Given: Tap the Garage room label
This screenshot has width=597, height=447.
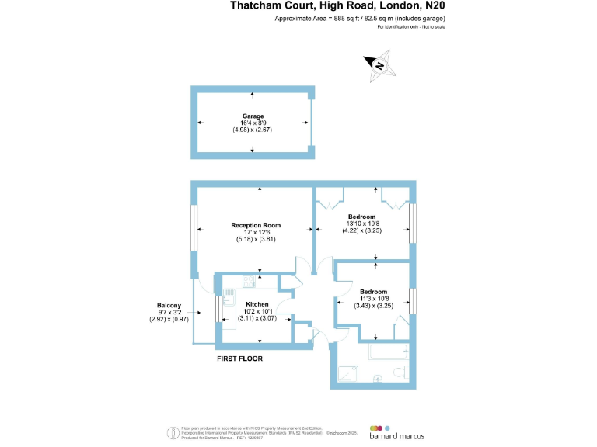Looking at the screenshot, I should (x=253, y=116).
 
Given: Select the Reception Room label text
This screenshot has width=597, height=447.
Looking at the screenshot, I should (x=256, y=225).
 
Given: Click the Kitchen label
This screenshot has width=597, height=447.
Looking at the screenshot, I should (x=257, y=303).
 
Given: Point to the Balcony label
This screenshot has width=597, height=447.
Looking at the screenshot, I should (x=169, y=306).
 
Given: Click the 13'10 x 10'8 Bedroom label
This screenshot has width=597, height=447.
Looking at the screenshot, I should (x=361, y=217).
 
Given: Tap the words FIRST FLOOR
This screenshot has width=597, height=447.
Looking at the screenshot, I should (x=240, y=359).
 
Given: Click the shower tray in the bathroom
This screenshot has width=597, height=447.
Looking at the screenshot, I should (x=347, y=376).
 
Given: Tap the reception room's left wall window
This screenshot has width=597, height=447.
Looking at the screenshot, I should (x=194, y=228).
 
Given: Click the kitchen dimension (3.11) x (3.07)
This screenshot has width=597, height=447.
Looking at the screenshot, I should (x=257, y=319).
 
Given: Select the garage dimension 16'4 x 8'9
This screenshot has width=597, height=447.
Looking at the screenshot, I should (x=253, y=123).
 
